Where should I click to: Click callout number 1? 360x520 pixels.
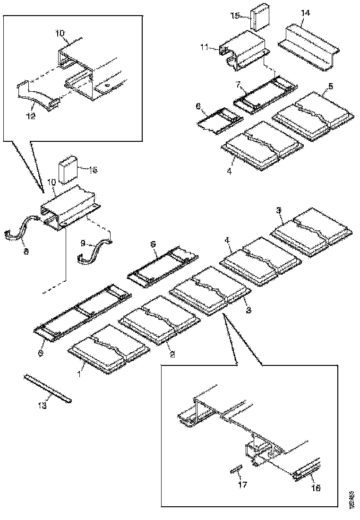(79, 374)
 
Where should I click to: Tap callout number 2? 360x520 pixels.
(172, 354)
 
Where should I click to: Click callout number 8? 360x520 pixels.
(26, 251)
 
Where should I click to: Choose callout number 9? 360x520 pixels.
(83, 243)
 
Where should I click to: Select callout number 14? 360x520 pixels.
(306, 13)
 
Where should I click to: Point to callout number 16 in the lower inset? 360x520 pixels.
(315, 488)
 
